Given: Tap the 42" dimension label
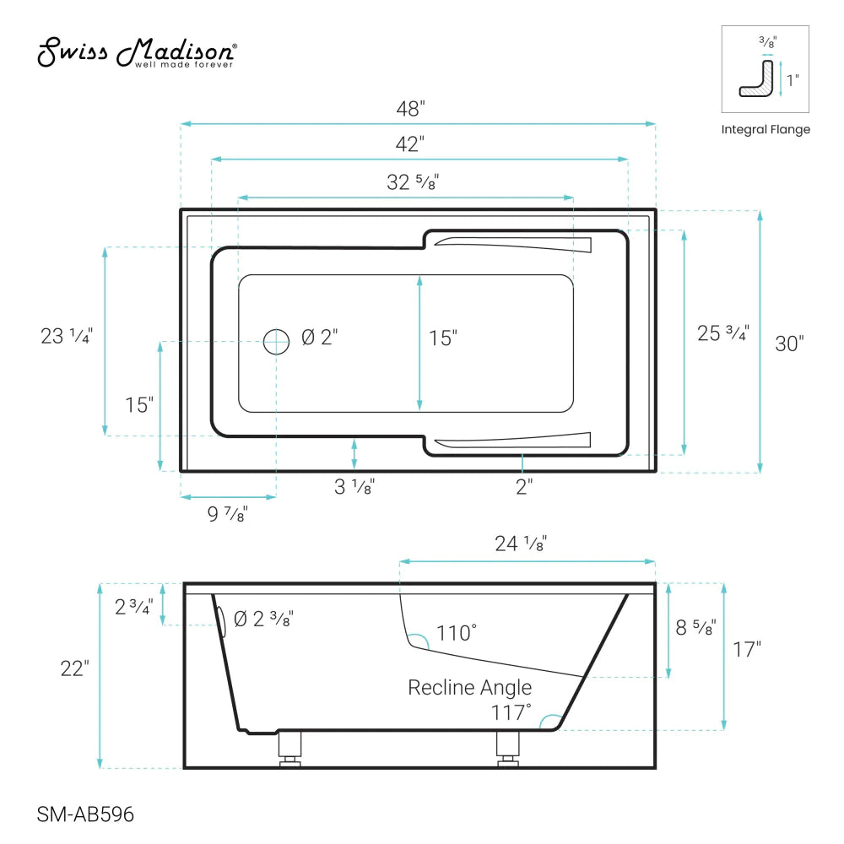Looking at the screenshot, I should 409,144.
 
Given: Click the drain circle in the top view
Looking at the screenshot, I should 275,341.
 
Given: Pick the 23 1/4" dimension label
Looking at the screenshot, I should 66,336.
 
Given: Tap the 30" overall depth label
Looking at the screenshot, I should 790,344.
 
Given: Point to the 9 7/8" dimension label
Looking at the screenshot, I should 226,514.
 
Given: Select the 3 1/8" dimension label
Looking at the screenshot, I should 354,487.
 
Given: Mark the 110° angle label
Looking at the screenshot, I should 457,632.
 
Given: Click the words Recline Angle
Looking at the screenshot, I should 470,687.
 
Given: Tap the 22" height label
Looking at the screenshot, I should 74,668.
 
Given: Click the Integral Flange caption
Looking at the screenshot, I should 766,129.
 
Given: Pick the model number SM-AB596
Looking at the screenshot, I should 86,814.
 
